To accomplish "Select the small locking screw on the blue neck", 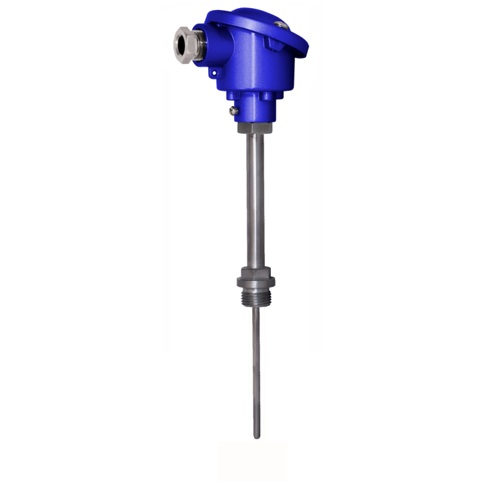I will [233, 110].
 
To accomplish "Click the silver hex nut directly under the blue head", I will [255, 126].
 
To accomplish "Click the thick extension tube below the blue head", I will [255, 202].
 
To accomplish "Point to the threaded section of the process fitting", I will [255, 299].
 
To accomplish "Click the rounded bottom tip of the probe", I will [256, 436].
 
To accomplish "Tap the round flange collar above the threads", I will [255, 287].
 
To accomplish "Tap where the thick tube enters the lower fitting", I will [255, 268].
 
